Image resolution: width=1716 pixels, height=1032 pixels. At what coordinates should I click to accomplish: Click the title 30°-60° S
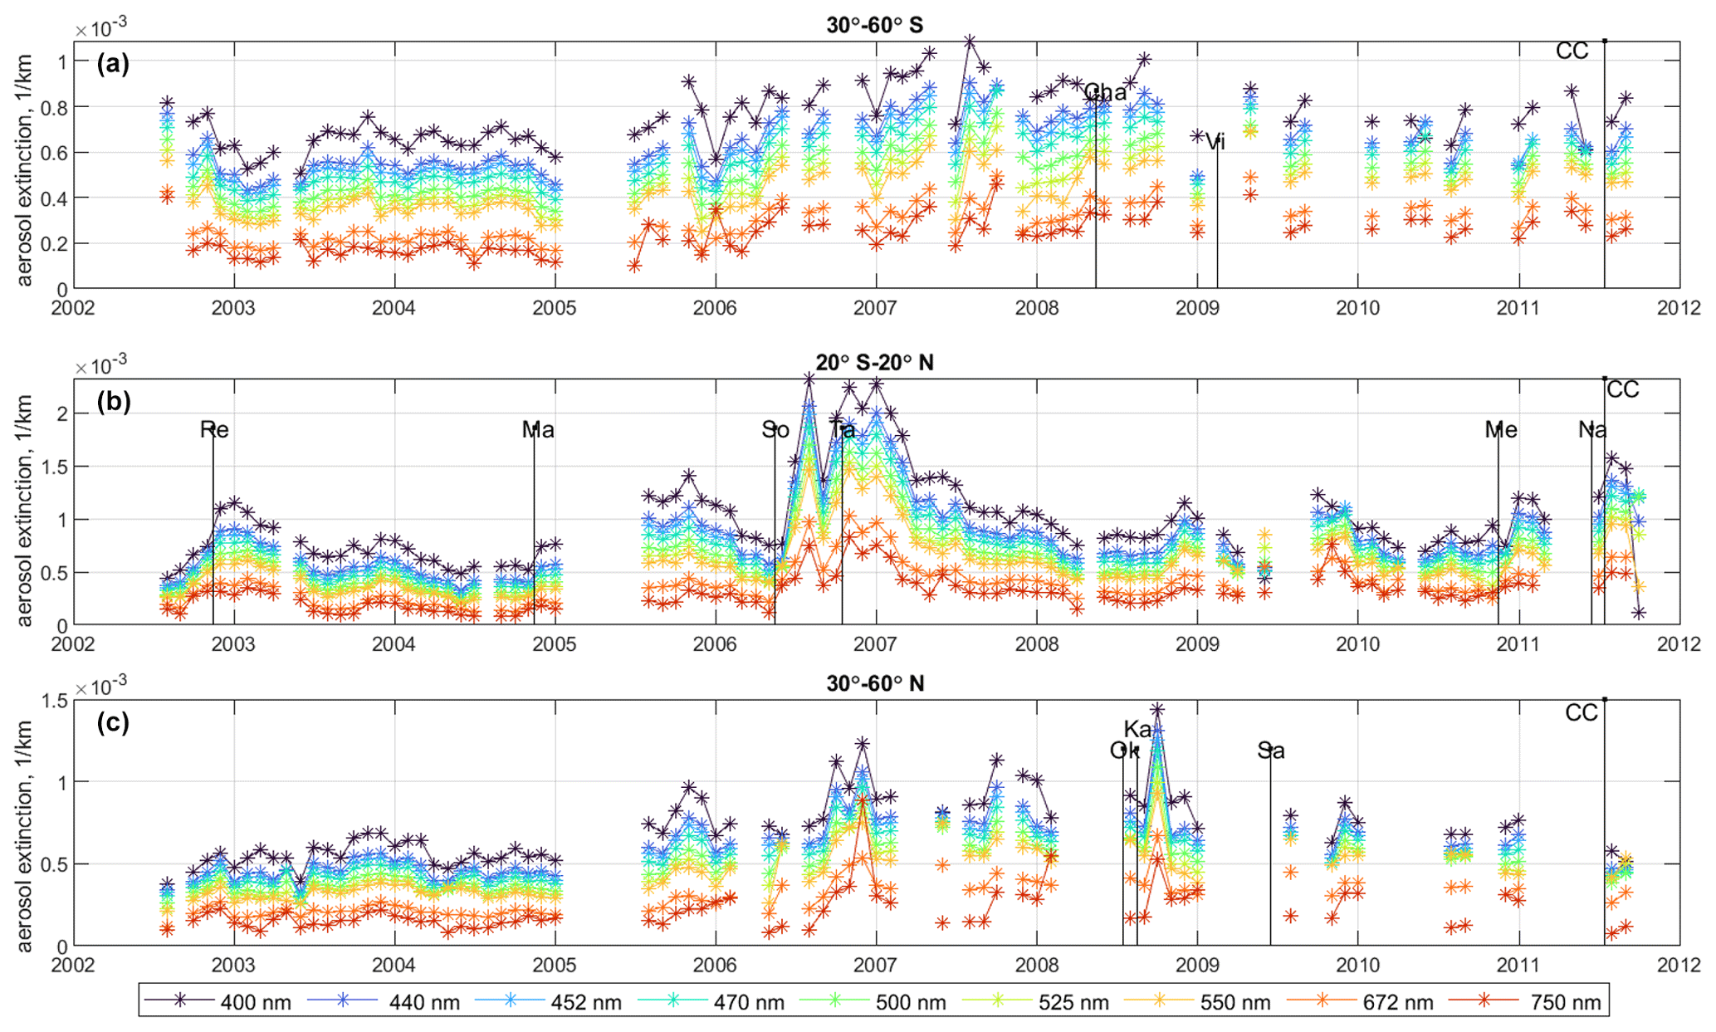[874, 25]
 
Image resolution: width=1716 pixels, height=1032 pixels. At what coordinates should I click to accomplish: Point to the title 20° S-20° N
[874, 362]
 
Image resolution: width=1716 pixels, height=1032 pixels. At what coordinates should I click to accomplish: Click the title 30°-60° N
[874, 683]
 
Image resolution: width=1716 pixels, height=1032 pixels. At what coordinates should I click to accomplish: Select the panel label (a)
[113, 64]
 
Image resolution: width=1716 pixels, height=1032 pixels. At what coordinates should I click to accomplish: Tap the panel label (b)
[113, 402]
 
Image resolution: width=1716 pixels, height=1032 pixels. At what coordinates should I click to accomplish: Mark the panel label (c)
[113, 722]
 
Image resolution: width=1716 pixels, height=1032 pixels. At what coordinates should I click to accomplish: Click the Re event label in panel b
[214, 429]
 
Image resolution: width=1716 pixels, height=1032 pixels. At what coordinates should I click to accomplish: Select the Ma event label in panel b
[538, 429]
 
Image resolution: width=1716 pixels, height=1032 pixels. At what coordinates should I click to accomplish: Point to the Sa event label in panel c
[1271, 751]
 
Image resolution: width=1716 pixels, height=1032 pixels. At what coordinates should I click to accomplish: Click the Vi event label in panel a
[1215, 142]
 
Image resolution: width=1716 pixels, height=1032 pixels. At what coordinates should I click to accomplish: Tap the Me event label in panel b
[1501, 429]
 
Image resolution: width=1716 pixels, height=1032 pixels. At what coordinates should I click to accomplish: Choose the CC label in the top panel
[1572, 51]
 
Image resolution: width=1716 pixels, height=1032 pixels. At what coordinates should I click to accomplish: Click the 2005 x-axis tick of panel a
[554, 308]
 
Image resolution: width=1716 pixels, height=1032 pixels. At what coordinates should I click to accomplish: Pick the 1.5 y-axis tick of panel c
[55, 701]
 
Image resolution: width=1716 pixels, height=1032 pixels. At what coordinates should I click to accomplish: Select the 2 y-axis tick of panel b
[59, 413]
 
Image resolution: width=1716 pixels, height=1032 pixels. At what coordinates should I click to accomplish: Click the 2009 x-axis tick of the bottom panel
[1197, 965]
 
